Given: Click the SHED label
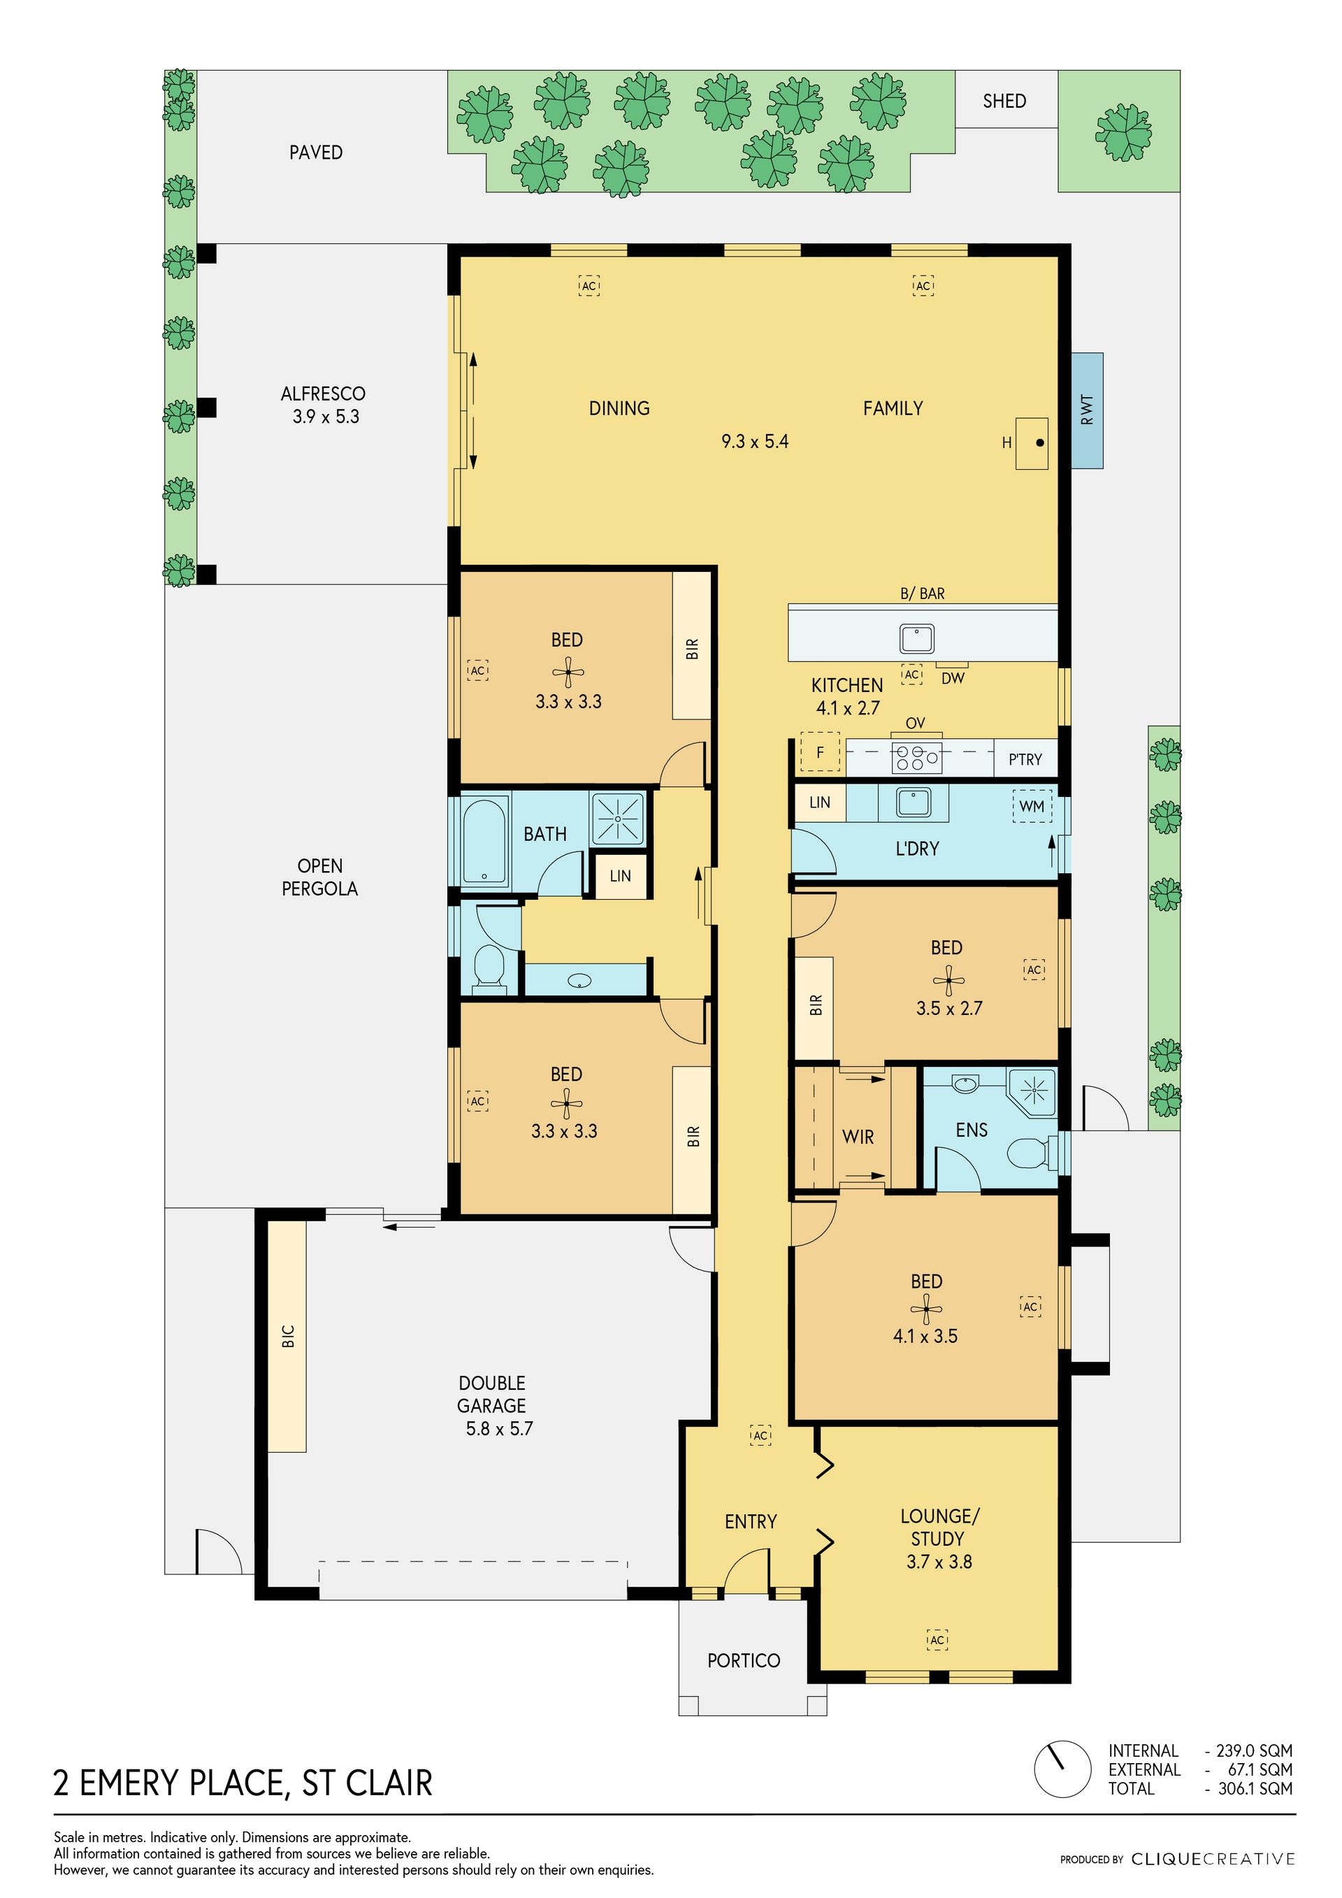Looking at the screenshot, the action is coord(1004,101).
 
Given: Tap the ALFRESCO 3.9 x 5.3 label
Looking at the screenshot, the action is coord(324,405).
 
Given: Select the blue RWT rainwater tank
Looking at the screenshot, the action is coord(1087,410).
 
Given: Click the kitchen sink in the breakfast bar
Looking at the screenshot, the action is coord(916,638).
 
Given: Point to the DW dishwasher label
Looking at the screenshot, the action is coord(953,678).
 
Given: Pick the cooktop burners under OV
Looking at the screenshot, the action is coord(916,758).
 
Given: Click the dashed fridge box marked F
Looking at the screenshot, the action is coord(820,752).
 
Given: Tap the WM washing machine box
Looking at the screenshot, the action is coord(1032,805).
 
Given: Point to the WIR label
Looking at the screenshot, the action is coord(858,1137).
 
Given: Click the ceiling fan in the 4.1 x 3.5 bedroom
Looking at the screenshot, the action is coord(926,1308).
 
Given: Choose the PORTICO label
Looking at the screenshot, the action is coord(744,1661).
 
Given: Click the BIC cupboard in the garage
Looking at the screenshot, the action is coord(287,1336).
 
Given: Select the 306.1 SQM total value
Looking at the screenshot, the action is coord(1255,1788).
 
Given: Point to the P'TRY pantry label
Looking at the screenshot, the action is coord(1025,759).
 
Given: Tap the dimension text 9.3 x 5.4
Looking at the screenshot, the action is coord(754,441).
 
